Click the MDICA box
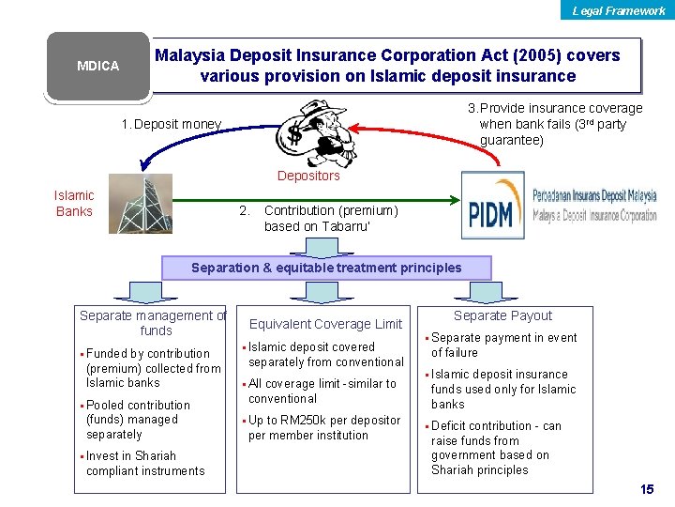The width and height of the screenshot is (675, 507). (x=97, y=67)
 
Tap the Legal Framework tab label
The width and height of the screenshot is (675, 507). (x=619, y=11)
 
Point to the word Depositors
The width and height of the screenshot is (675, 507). (x=308, y=176)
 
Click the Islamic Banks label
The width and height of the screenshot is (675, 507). (x=74, y=204)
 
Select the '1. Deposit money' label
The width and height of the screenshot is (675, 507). (x=172, y=124)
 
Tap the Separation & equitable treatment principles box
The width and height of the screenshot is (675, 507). (x=326, y=268)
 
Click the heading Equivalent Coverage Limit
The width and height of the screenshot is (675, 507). (x=325, y=324)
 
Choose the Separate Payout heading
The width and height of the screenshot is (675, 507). (x=502, y=315)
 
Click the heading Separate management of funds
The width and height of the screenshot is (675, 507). (x=153, y=323)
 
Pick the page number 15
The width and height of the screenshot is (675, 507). (x=646, y=490)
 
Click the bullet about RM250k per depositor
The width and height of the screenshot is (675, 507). (x=323, y=427)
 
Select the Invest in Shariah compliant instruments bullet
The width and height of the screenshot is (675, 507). (x=144, y=463)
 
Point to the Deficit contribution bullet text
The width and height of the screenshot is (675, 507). (x=496, y=448)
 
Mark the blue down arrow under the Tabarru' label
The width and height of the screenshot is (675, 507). (x=310, y=246)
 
